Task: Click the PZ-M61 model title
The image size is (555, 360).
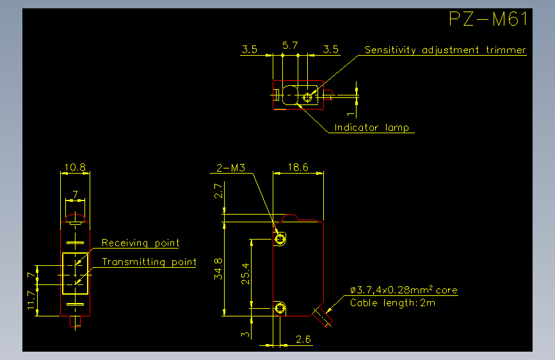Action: coord(488,19)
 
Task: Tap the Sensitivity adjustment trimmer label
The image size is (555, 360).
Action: coord(446,50)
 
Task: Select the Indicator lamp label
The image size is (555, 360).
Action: coord(372,127)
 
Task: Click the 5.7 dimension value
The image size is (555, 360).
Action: coord(290,45)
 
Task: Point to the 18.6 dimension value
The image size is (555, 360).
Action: coord(298,167)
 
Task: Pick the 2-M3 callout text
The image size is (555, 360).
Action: coord(231,168)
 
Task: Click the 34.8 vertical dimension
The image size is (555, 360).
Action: coord(218,268)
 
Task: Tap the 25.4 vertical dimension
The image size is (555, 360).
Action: coord(245,274)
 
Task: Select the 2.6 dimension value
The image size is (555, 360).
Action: coord(303,340)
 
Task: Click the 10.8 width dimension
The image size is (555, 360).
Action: coord(75,167)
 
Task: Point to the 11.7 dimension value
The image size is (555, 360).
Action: coord(31,300)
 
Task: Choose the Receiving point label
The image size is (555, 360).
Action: coord(141,243)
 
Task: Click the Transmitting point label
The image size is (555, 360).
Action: coord(149,262)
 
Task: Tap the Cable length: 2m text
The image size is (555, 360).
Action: coord(392,302)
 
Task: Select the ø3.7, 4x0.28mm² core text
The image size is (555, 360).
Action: coord(404,290)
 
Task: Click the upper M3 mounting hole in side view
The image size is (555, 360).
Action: coord(280,238)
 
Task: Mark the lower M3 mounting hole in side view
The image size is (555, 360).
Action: coord(280,308)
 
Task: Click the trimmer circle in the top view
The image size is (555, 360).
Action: coord(307,97)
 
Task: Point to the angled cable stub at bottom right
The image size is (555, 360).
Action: coord(322,316)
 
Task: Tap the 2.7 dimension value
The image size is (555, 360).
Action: coord(218,191)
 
